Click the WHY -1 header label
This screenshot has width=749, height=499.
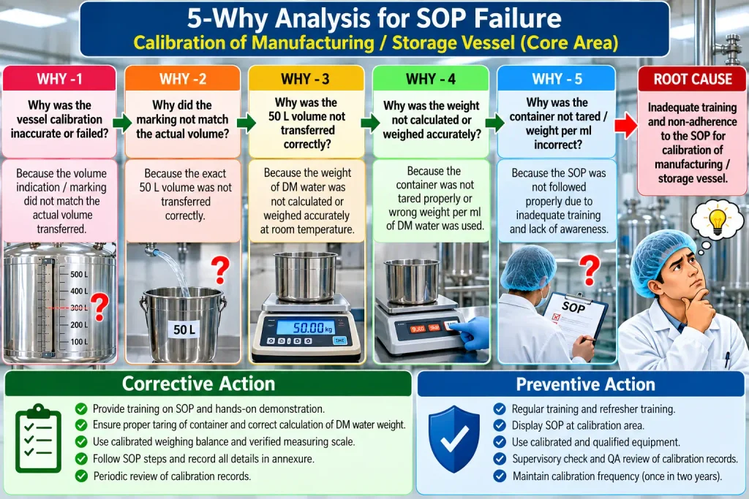pyautogui.click(x=60, y=79)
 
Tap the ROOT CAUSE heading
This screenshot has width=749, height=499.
pyautogui.click(x=693, y=79)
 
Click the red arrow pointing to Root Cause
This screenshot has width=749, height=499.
pyautogui.click(x=626, y=125)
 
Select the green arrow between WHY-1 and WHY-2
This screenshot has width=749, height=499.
pyautogui.click(x=122, y=123)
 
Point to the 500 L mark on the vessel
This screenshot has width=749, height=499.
pyautogui.click(x=79, y=274)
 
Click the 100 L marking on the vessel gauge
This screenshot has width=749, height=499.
pyautogui.click(x=79, y=342)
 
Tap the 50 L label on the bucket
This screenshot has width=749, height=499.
pyautogui.click(x=184, y=330)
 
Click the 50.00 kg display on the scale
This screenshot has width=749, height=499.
pyautogui.click(x=306, y=327)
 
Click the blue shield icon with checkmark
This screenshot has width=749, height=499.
pyautogui.click(x=453, y=439)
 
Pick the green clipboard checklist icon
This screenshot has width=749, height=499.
pyautogui.click(x=38, y=438)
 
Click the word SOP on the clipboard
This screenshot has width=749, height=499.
pyautogui.click(x=573, y=307)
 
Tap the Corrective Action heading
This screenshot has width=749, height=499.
pyautogui.click(x=198, y=384)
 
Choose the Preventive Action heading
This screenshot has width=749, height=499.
pyautogui.click(x=586, y=384)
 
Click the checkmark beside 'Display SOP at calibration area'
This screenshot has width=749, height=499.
pyautogui.click(x=500, y=425)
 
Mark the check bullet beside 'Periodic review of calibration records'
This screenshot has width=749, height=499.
pyautogui.click(x=81, y=476)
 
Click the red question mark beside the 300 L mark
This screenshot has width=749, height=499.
pyautogui.click(x=99, y=306)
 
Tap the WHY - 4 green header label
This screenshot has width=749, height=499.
pyautogui.click(x=430, y=79)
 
